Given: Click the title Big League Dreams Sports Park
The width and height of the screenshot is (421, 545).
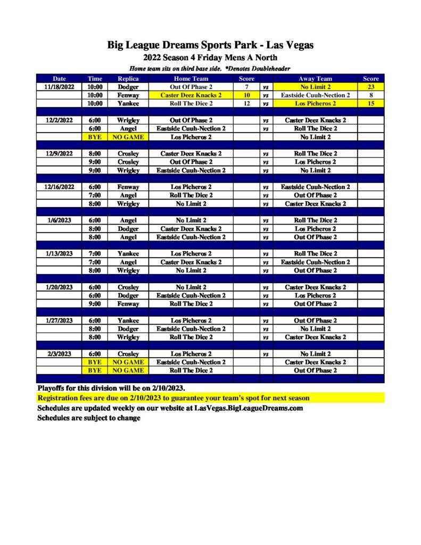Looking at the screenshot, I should click(210, 45).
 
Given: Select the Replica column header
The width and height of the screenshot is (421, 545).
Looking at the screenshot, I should click(128, 78).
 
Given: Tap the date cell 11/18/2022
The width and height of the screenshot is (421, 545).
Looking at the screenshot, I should click(59, 87).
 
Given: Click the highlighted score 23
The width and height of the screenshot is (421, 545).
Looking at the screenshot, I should click(370, 87).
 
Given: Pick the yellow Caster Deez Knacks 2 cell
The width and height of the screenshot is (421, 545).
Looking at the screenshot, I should click(191, 95).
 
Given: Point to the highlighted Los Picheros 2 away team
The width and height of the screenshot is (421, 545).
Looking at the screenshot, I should click(315, 103).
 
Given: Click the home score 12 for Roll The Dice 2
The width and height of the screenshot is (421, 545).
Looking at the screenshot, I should click(246, 103).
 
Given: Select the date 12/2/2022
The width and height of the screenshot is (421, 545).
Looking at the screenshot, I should click(59, 120).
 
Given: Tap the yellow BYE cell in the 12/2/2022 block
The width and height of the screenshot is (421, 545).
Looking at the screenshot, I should click(95, 137).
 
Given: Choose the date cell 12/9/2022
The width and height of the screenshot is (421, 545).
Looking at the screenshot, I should click(59, 153).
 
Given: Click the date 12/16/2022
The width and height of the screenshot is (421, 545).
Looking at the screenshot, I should click(59, 187).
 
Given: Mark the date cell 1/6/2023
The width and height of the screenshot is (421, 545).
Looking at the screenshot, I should click(59, 220).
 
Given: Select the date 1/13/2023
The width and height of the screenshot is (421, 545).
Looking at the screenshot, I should click(59, 253).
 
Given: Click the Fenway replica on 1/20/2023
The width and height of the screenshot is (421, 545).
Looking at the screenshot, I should click(128, 303).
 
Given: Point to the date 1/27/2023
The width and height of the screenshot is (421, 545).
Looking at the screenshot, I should click(59, 320).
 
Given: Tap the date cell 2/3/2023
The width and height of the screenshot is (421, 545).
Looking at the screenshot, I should click(59, 353).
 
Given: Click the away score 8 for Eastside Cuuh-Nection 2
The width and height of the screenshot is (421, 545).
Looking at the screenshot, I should click(370, 95).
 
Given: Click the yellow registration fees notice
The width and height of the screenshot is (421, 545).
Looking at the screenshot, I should click(174, 398).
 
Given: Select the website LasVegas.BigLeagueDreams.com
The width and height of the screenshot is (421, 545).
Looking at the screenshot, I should click(249, 408).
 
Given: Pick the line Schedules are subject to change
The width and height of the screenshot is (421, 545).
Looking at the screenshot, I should click(89, 418).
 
